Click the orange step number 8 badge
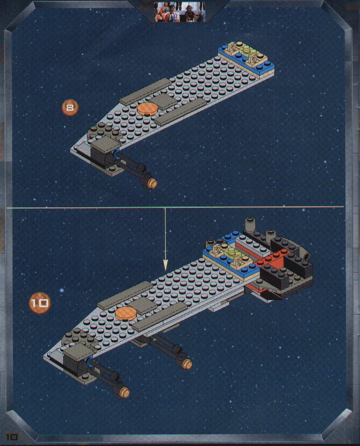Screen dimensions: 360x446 (x=70, y=108)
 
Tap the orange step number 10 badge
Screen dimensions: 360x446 (x=40, y=303)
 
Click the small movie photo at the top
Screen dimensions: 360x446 (x=180, y=11)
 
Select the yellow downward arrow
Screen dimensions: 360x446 (x=165, y=239)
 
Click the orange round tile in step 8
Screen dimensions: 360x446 (x=147, y=109)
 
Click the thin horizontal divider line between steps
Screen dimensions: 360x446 (x=175, y=208)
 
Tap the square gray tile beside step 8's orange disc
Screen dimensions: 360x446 (x=162, y=101)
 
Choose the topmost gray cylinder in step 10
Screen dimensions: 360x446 (x=250, y=224)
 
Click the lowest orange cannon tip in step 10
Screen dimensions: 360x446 (x=125, y=392)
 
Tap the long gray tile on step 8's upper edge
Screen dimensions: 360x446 (x=146, y=92)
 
